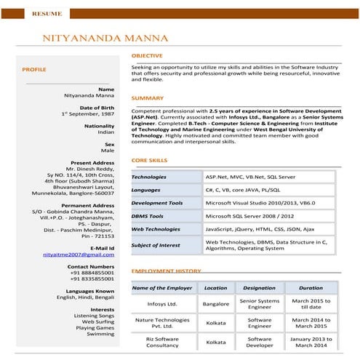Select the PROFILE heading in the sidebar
coord(34,69)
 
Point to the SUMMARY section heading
coord(148,97)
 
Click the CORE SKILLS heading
coord(149,160)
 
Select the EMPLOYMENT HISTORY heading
coord(167,271)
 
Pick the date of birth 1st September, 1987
coord(88,114)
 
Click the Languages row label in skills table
coord(146,190)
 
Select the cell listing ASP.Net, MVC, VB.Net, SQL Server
coord(250,177)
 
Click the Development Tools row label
coord(157,203)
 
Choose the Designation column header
coord(259,288)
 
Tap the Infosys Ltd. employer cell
coord(162,304)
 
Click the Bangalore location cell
coord(215,304)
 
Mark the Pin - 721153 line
coord(97,236)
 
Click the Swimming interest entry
coord(100,334)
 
